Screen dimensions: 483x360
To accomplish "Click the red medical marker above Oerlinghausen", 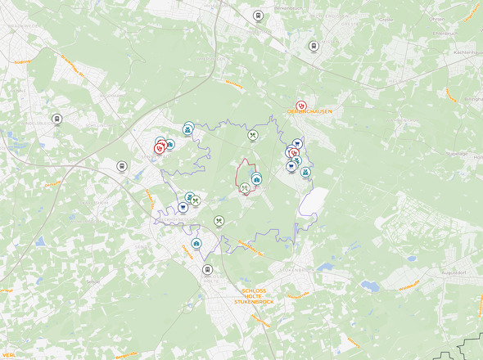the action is (301, 105).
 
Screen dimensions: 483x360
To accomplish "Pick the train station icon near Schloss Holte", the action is (207, 269).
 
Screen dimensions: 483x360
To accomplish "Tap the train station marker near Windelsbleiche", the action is (56, 119).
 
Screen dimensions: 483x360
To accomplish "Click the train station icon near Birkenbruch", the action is (258, 16).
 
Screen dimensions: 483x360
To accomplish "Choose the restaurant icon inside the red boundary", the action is (245, 187).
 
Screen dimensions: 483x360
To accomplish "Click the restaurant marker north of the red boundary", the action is (253, 136).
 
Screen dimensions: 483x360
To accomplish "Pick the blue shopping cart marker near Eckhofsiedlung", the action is (183, 208).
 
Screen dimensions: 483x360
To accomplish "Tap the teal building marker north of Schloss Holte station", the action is (196, 244).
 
